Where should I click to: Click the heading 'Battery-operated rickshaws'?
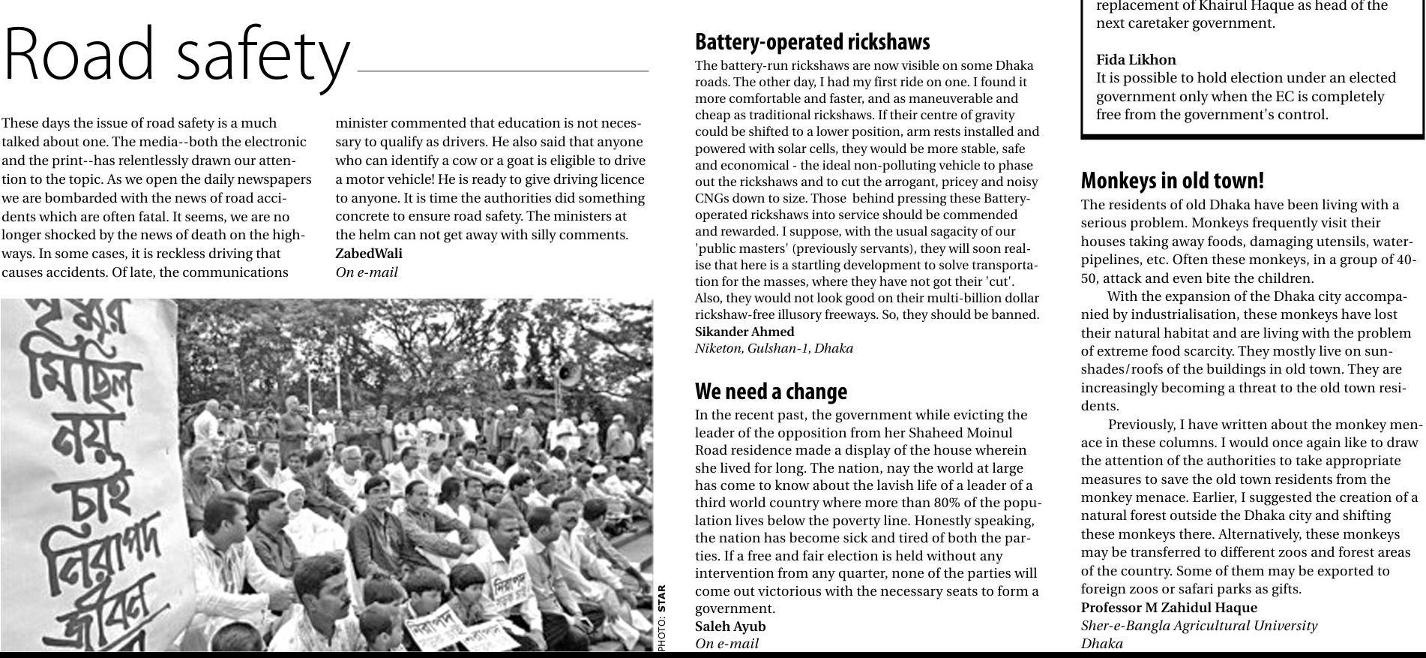point(812,42)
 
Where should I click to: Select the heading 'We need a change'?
point(771,392)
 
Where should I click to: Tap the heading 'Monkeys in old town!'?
point(1172,181)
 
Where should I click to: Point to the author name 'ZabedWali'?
point(368,254)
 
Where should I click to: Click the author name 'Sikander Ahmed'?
point(744,332)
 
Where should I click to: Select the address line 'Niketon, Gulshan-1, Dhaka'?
point(774,348)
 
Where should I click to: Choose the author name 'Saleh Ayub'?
point(730,626)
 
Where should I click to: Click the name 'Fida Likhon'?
point(1136,60)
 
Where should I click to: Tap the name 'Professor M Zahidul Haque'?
point(1169,608)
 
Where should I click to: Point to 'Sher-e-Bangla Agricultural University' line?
point(1199,626)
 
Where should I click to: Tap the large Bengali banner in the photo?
point(90,473)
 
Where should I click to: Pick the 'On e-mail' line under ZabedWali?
point(367,272)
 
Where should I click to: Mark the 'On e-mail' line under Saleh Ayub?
point(726,644)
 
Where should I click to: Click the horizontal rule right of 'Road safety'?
point(503,71)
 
